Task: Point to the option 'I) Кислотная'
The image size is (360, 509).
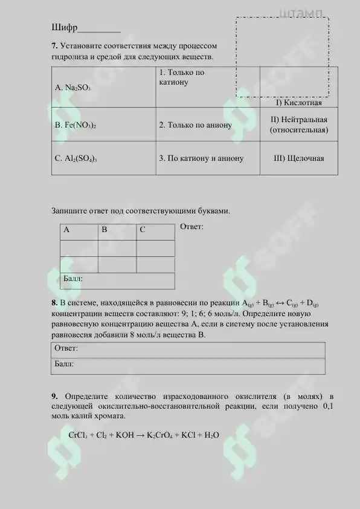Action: pyautogui.click(x=299, y=103)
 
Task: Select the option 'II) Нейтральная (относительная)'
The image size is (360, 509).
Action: pyautogui.click(x=299, y=125)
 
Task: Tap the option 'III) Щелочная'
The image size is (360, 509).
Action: pyautogui.click(x=299, y=158)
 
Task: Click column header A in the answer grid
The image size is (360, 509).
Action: pyautogui.click(x=66, y=230)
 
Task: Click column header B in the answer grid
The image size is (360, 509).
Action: pyautogui.click(x=104, y=230)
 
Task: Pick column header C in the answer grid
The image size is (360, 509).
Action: pyautogui.click(x=143, y=230)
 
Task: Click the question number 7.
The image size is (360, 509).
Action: pyautogui.click(x=54, y=46)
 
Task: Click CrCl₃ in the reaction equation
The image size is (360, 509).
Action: pyautogui.click(x=79, y=435)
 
